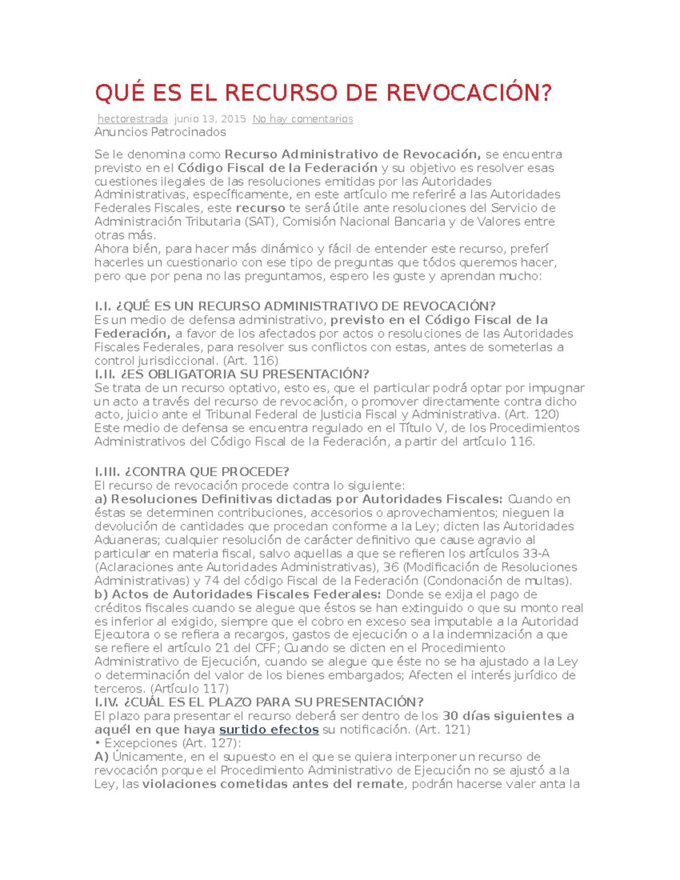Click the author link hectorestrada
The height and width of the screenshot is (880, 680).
click(x=133, y=119)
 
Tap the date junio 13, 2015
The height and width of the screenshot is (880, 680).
click(x=210, y=119)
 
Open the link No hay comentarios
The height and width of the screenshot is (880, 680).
click(x=303, y=119)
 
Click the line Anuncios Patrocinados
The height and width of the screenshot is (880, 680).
click(x=160, y=132)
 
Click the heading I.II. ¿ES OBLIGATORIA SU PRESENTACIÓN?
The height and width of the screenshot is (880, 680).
click(x=231, y=375)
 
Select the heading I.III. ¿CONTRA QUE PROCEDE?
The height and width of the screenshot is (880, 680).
click(x=192, y=472)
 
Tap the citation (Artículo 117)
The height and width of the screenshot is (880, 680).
click(x=190, y=689)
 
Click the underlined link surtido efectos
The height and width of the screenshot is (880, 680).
click(x=269, y=730)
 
